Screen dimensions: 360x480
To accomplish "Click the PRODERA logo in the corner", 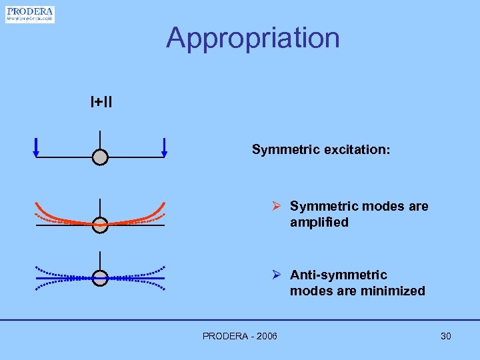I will (x=30, y=15).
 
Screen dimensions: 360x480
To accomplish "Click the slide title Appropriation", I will (x=253, y=38).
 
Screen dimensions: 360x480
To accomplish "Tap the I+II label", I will (x=101, y=102).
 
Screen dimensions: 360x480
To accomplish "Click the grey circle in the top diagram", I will (x=100, y=157).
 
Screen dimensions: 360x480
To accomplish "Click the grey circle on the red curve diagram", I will (x=100, y=225).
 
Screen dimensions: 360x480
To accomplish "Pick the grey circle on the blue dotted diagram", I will (x=100, y=277).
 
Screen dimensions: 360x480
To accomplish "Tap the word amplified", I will (x=319, y=223).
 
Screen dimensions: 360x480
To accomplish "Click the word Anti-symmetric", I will (x=338, y=275).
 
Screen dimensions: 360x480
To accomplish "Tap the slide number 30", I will (x=445, y=336).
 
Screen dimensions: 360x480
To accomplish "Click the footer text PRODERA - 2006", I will (x=240, y=336).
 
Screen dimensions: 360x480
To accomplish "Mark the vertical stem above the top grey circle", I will (x=100, y=140).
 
